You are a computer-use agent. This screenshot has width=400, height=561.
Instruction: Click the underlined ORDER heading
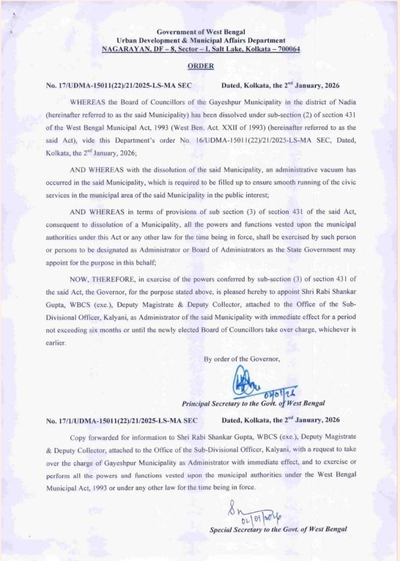[x=201, y=66]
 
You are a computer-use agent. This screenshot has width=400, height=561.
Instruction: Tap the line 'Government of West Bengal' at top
[x=201, y=32]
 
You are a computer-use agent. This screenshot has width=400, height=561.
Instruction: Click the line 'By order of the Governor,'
[x=242, y=359]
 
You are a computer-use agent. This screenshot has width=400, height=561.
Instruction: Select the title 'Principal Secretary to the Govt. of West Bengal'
[x=253, y=404]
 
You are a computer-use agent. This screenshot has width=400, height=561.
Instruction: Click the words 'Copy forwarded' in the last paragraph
[x=94, y=436]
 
